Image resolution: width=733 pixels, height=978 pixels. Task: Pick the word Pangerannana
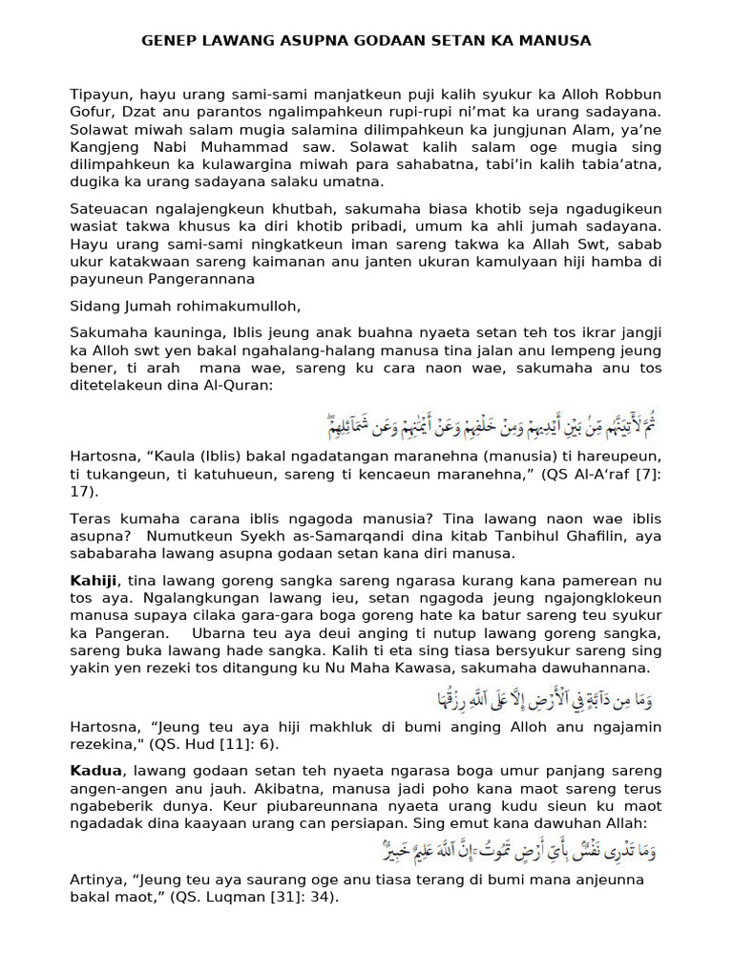207,278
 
